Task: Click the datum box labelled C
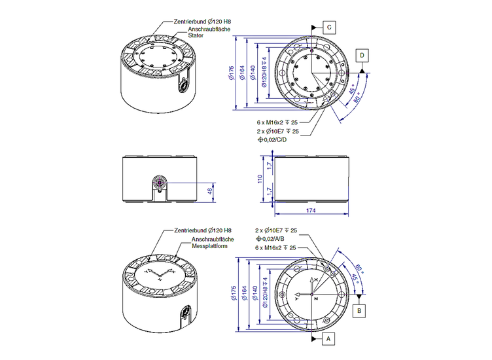(329, 27)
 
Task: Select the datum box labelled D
(362, 56)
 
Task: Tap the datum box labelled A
(329, 339)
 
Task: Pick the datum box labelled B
(360, 310)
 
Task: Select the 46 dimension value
(210, 190)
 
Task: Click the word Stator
(196, 36)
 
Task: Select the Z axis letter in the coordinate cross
(317, 298)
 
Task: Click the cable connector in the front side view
(160, 185)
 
